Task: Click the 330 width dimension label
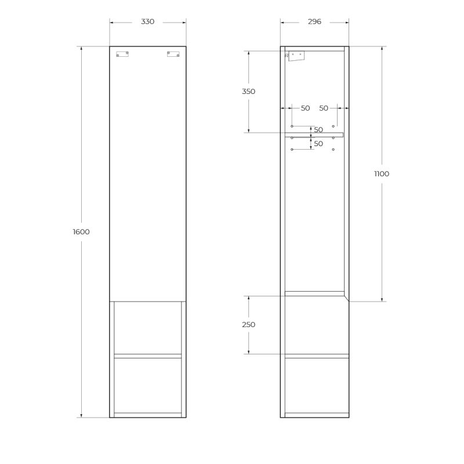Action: (x=148, y=22)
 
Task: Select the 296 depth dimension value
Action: (x=314, y=22)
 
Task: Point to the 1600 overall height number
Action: (x=81, y=232)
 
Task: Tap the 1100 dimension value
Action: (x=382, y=174)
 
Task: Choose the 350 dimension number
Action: (x=248, y=92)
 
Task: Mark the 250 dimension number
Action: (x=248, y=325)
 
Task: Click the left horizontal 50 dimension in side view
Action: (x=305, y=108)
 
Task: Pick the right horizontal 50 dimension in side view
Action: (x=324, y=108)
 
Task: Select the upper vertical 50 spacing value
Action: (x=318, y=130)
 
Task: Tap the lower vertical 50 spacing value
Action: (x=318, y=144)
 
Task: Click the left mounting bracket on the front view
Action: (x=122, y=54)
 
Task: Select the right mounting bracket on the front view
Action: (x=173, y=54)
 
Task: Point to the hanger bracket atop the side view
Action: (x=296, y=56)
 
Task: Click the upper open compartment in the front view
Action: (x=148, y=327)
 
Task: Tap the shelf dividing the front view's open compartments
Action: (x=148, y=356)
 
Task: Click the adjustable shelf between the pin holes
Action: (x=314, y=135)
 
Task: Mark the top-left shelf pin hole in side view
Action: (x=292, y=126)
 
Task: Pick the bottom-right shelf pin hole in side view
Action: (x=333, y=150)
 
